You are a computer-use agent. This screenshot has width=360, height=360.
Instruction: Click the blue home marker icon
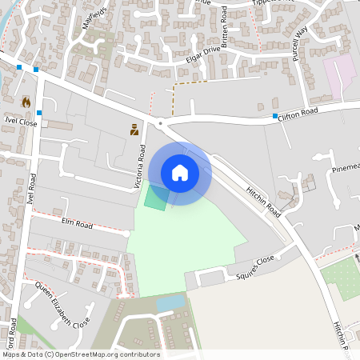180,173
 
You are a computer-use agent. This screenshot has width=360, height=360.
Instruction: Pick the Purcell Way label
301,42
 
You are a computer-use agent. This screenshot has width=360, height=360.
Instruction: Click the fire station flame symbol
26,102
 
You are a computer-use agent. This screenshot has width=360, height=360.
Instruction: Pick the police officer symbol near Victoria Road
134,129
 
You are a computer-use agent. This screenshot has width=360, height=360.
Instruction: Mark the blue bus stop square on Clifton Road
274,117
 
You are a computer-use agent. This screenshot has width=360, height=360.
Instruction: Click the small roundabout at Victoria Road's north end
161,124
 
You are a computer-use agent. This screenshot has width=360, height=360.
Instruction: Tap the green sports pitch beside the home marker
155,198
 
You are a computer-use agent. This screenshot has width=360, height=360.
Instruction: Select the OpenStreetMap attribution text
81,354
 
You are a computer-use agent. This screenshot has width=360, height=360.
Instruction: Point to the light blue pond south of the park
169,303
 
